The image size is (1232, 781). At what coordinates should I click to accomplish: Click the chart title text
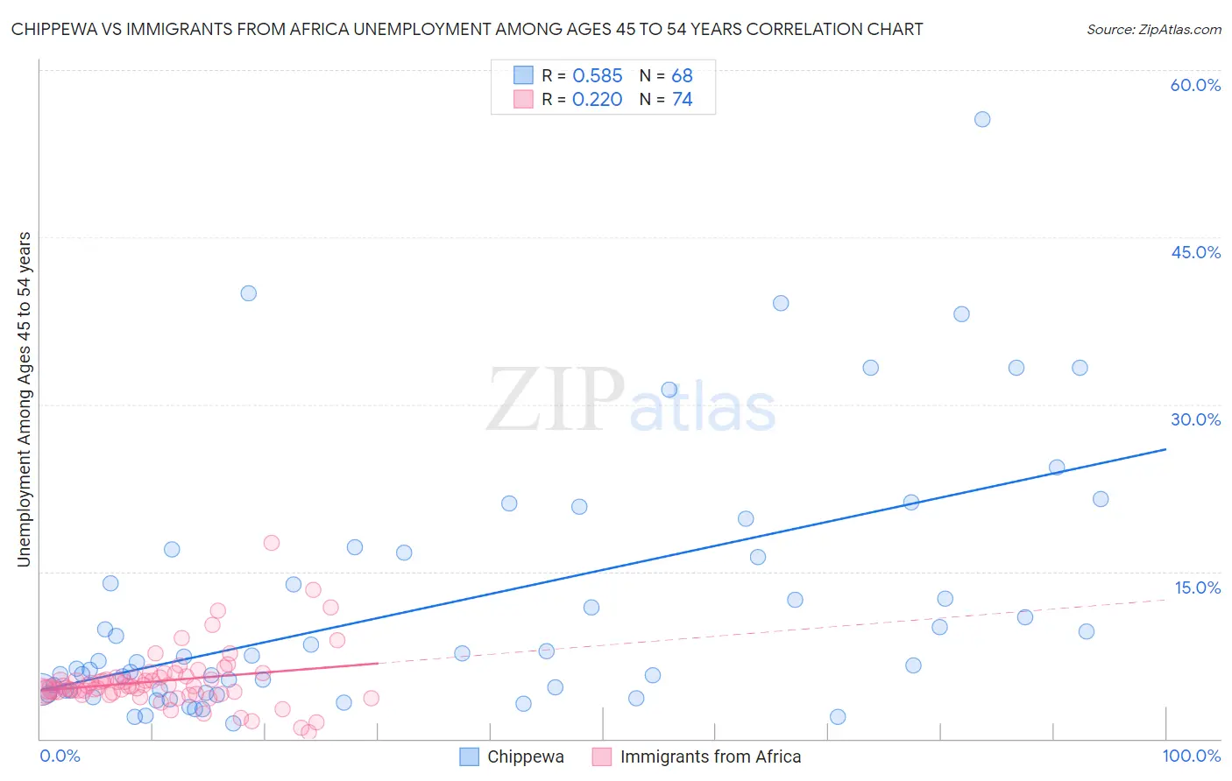[x=467, y=29]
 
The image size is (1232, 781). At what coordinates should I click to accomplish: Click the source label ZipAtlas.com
[x=1153, y=29]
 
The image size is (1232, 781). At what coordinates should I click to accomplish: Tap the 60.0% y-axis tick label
[x=1195, y=85]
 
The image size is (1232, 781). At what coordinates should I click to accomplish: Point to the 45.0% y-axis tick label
[x=1195, y=252]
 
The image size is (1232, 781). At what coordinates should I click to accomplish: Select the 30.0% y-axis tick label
[x=1195, y=419]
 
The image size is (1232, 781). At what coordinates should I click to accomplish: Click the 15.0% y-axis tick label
[x=1197, y=588]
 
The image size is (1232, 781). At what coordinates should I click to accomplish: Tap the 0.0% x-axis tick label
[x=60, y=756]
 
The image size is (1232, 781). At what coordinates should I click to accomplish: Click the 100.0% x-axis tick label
[x=1191, y=756]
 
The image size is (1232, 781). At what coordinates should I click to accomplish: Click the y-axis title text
[x=24, y=399]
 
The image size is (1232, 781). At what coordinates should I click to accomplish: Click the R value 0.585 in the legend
[x=597, y=76]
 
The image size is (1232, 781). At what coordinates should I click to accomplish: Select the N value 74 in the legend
[x=682, y=100]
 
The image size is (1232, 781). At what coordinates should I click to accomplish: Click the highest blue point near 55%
[x=982, y=119]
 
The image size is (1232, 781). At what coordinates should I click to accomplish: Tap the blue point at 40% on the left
[x=249, y=293]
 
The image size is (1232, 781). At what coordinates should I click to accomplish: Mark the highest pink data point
[x=272, y=543]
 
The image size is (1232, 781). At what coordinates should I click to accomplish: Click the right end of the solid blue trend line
[x=1165, y=449]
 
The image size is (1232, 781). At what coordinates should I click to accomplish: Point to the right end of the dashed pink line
[x=1165, y=601]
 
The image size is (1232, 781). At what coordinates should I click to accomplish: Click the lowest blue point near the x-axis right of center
[x=838, y=717]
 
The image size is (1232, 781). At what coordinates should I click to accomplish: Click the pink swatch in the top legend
[x=523, y=99]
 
